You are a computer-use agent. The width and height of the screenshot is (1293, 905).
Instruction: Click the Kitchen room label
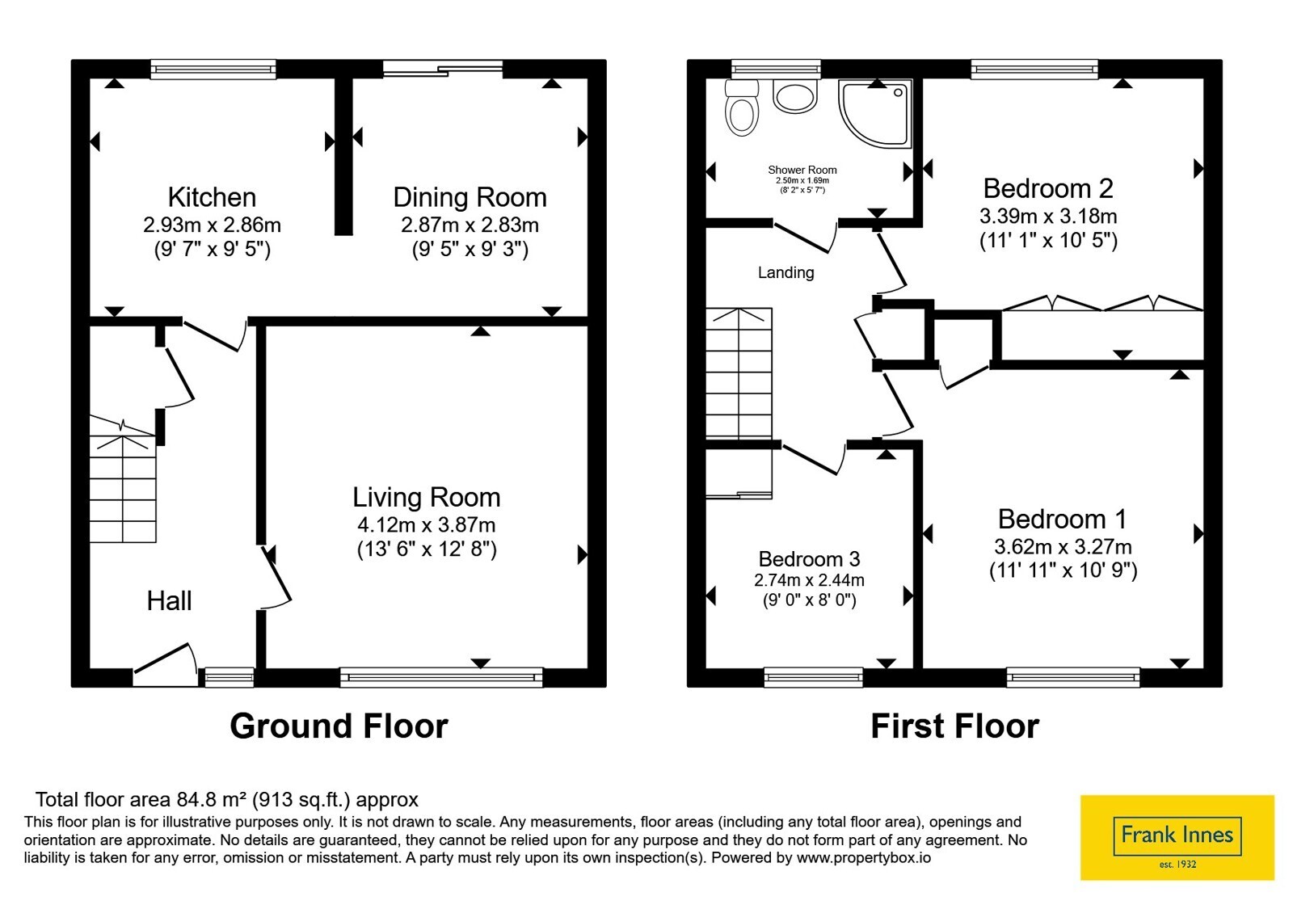coord(212,197)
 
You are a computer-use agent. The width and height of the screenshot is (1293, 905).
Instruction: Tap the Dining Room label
coord(470,197)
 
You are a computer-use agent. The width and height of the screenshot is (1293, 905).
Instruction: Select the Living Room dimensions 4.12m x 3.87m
coord(427,524)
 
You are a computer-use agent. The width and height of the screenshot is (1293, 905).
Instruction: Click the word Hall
coord(169,601)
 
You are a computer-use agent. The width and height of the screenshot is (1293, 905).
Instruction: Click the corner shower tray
coord(874,113)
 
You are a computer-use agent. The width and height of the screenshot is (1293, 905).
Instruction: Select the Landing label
coord(785,272)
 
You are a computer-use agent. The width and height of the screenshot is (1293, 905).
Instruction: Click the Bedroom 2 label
coord(1048,189)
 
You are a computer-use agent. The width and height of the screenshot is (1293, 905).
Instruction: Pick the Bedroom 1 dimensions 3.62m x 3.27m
coord(1063,546)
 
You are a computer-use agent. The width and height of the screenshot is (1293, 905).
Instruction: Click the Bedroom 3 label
coord(809,558)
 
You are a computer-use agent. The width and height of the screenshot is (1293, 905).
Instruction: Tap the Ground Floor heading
coord(339,726)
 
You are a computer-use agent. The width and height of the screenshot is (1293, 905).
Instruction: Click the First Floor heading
coord(954,726)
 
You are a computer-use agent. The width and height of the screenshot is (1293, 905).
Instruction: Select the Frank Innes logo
coord(1177,837)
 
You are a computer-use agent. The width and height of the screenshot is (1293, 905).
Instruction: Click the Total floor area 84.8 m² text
coord(227,799)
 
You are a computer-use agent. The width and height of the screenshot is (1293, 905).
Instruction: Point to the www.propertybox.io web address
coord(864,857)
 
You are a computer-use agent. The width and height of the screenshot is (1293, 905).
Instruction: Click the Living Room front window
coord(441,677)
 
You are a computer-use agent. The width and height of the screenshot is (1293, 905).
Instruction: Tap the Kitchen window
coord(213,69)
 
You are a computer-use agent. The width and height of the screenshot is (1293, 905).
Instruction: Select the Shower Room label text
coord(802,170)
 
